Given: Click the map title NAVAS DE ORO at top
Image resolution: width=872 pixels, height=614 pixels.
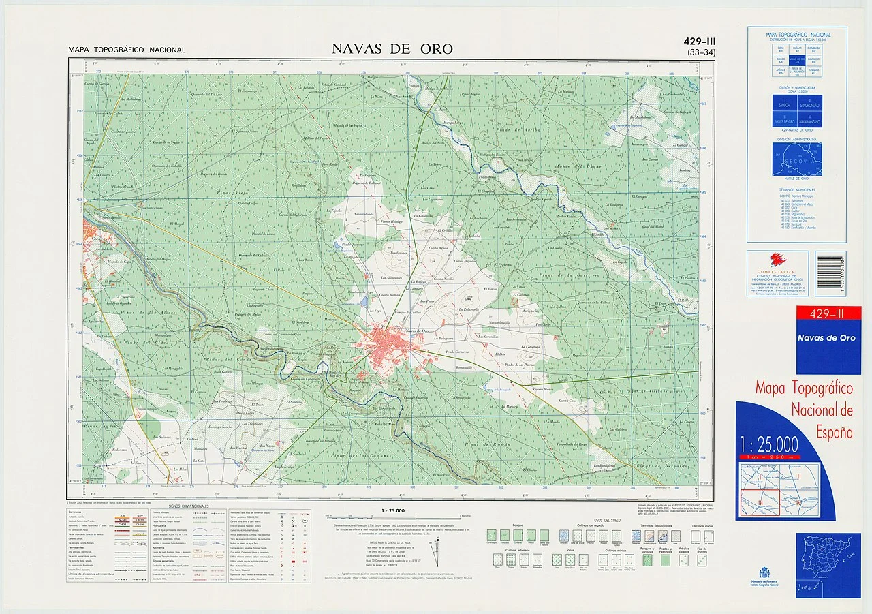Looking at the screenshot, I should (392, 49).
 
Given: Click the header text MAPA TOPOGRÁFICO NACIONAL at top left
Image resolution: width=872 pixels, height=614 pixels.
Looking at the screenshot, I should (127, 50).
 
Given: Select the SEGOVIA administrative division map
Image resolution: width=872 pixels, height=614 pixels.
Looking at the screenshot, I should (797, 158).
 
